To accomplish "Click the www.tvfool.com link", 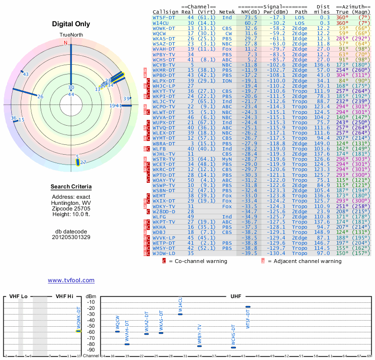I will [71, 280].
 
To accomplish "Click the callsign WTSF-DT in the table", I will [164, 17].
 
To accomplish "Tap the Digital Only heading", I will [71, 24].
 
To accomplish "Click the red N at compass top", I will [66, 43].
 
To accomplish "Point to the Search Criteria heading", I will [71, 187].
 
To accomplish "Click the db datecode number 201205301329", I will [71, 237].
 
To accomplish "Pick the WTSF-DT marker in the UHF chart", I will [248, 307].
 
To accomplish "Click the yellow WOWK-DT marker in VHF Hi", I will [79, 331].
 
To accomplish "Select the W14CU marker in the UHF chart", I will [180, 314].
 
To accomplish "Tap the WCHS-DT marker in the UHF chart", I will [233, 347].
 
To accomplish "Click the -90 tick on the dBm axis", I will [91, 350].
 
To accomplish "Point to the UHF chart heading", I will [235, 297].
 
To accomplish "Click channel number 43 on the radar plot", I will [26, 75].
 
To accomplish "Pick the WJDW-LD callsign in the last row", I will [164, 253].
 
